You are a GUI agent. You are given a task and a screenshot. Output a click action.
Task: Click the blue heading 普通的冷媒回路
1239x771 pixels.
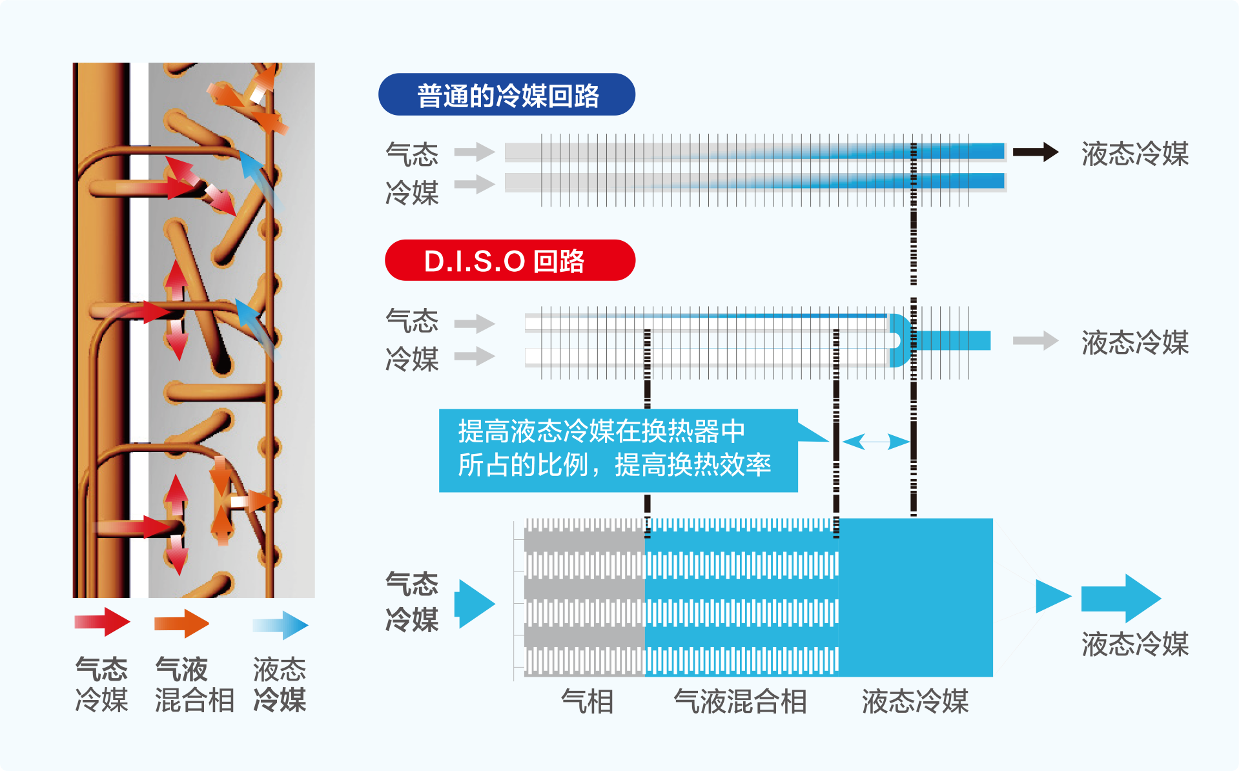[x=507, y=95]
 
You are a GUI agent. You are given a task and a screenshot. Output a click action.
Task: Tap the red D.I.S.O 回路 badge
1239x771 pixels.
[x=509, y=261]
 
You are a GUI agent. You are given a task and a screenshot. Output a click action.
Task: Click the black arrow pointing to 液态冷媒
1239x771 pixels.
[x=1035, y=152]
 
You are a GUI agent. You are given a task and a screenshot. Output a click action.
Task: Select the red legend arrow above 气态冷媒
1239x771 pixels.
[x=102, y=622]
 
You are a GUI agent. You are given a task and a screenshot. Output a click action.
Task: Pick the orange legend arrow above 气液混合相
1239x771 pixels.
[x=181, y=623]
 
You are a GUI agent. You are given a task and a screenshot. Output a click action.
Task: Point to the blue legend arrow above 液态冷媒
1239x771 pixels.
[x=281, y=624]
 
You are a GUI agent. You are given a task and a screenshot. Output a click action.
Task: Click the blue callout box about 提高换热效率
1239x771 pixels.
[x=617, y=449]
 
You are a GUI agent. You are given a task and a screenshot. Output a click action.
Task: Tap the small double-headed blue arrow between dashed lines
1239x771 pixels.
[x=875, y=442]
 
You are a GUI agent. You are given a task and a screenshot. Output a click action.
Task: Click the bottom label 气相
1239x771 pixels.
[x=587, y=701]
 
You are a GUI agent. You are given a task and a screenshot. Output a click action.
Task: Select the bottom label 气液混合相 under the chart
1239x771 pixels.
[x=740, y=701]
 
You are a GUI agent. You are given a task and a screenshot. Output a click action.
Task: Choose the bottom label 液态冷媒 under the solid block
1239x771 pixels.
[x=915, y=701]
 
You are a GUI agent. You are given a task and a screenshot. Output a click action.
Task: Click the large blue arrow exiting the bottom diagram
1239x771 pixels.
[x=1120, y=598]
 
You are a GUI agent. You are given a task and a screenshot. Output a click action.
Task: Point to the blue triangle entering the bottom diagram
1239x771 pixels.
[x=475, y=604]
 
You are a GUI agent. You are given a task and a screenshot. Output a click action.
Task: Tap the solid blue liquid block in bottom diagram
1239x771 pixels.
[x=916, y=597]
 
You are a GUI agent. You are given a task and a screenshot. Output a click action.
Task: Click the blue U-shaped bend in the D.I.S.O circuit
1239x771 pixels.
[x=899, y=340]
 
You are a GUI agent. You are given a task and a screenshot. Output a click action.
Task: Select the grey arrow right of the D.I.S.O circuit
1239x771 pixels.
[x=1035, y=340]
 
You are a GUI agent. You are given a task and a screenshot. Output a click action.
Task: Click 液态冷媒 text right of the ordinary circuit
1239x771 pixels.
[x=1135, y=154]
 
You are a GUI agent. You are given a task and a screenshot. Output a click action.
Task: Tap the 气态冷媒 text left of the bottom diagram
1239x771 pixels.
[x=412, y=601]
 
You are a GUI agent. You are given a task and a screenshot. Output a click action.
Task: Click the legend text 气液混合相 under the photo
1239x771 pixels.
[x=194, y=684]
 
